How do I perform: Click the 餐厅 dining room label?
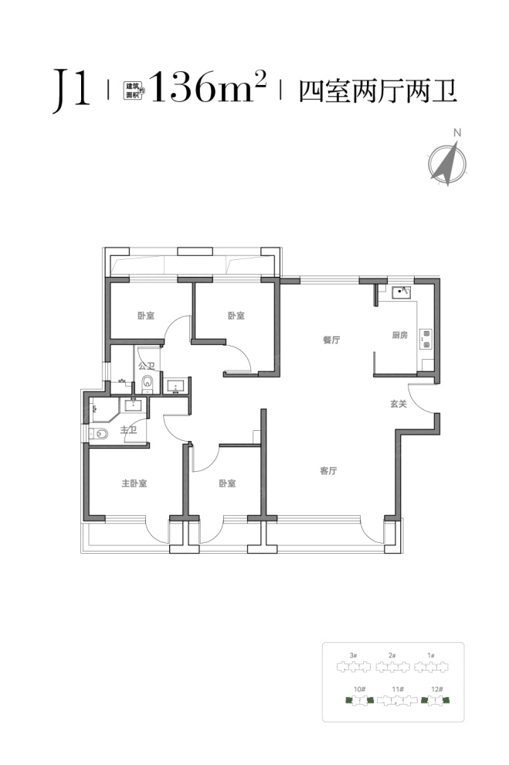pos(331,340)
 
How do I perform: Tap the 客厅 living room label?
pos(329,471)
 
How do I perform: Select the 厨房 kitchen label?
pos(399,335)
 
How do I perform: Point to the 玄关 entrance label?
pos(398,404)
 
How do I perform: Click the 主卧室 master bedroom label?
pos(134,483)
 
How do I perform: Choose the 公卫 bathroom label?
pos(146,366)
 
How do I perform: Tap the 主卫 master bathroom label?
pos(128,430)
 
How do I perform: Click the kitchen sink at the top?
pos(402,292)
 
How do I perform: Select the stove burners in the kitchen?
pos(426,339)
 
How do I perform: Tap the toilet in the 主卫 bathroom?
pos(98,433)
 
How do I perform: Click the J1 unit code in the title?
pos(72,91)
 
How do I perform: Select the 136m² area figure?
pos(209,87)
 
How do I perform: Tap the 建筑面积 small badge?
pos(134,91)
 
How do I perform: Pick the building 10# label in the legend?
pos(359,689)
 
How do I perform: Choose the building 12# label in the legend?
pos(437,689)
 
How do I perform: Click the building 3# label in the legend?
pos(354,655)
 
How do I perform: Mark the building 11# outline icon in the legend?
pos(398,701)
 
